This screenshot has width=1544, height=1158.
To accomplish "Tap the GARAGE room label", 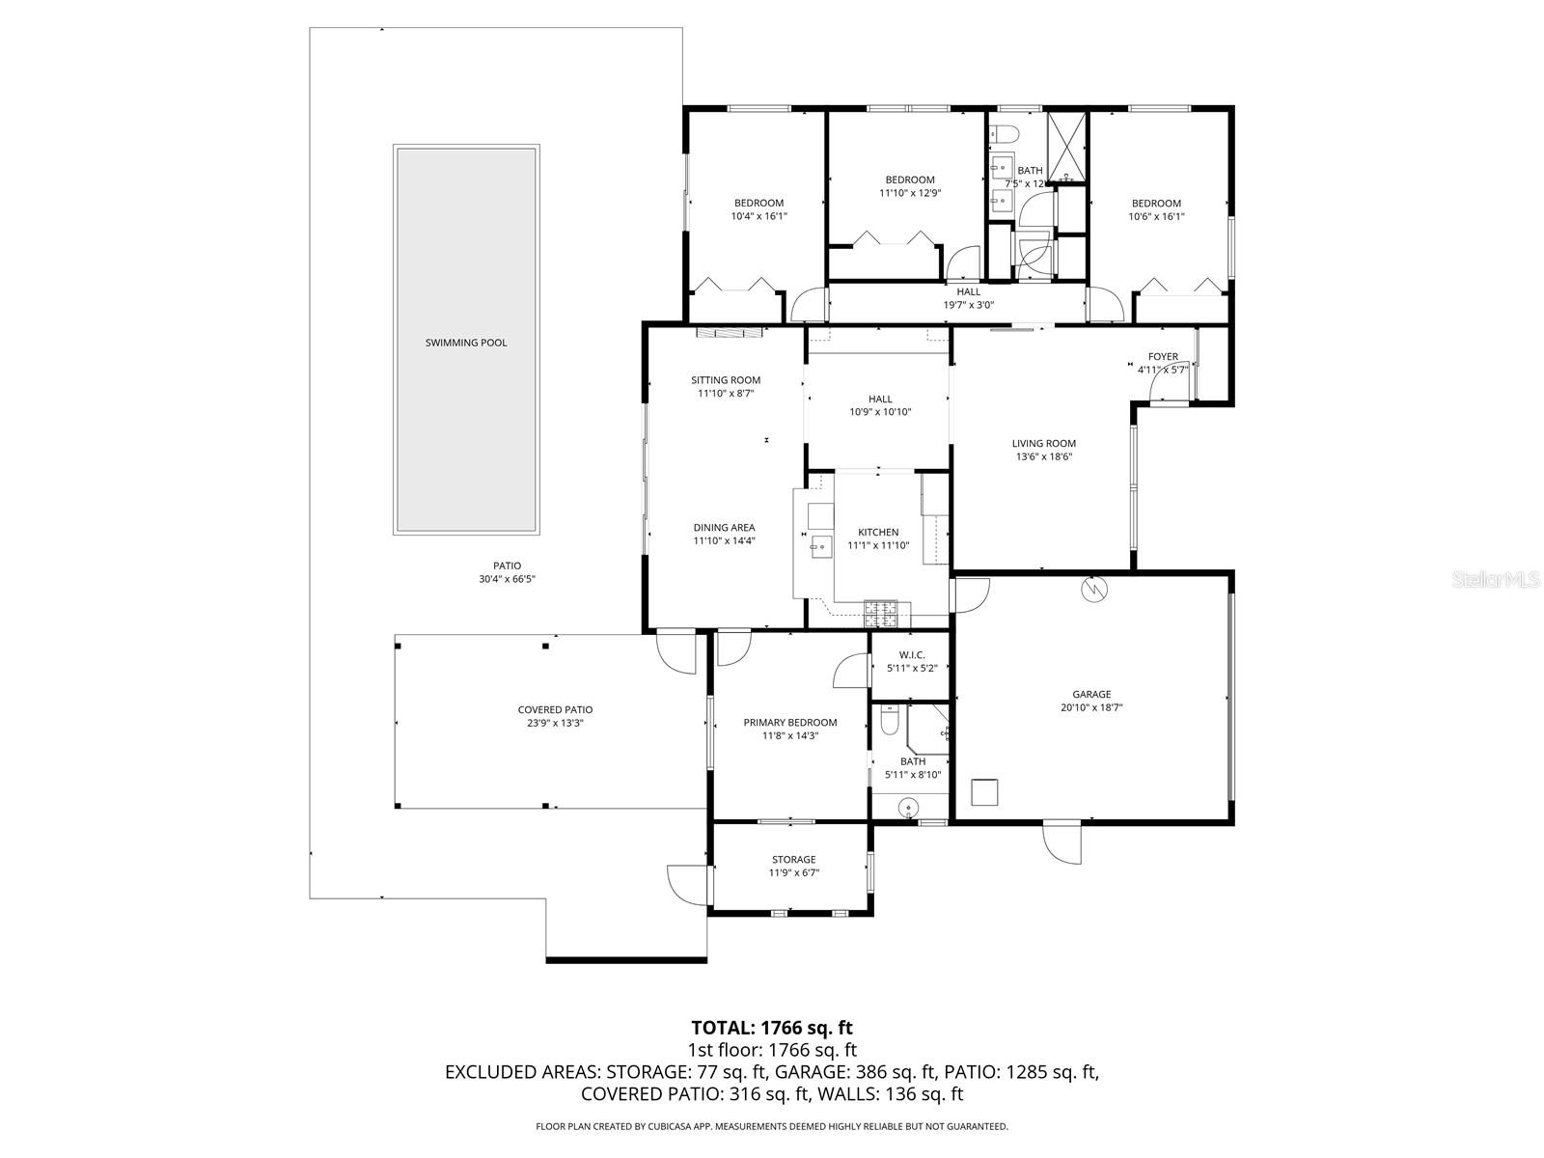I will point(1091,694).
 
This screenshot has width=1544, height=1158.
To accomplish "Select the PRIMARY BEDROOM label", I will point(789,722).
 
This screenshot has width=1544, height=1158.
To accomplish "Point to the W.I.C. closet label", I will point(911,655).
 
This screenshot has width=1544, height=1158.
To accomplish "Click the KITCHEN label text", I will point(878,532).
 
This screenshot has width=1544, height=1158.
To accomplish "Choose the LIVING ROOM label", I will point(1043,444).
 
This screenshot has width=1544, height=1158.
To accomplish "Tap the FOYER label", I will point(1163,357).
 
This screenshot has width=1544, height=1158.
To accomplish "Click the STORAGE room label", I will point(793,860).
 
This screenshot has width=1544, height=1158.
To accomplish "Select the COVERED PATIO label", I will point(555,710).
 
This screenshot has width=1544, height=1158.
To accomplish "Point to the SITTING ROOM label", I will point(725,380).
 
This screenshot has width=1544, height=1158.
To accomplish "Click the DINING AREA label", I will point(724,528).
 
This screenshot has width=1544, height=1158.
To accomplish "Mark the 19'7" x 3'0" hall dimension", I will point(968,305).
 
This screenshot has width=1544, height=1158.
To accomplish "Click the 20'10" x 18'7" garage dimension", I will point(1091,707).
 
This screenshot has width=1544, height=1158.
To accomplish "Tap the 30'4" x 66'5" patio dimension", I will point(507,579).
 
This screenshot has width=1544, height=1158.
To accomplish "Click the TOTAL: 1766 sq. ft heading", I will point(772,1028).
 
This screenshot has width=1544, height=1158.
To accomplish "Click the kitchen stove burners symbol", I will point(881,608).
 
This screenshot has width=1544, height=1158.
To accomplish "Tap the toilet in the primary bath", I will point(891,719).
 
